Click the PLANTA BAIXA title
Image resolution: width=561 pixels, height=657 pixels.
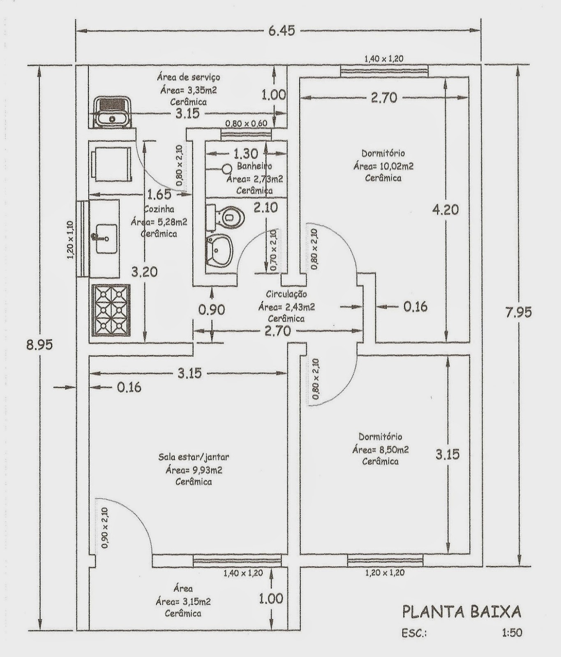[x=461, y=612]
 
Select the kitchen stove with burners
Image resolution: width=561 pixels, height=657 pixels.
[x=111, y=310]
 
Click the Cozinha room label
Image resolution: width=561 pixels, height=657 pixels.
[x=159, y=209]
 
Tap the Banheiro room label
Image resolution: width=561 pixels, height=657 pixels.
[x=254, y=166]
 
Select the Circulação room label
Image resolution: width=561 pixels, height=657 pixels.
[x=286, y=294]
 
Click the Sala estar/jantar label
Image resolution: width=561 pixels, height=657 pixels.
[x=194, y=457]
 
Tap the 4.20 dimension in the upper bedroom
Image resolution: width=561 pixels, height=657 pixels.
[x=445, y=210]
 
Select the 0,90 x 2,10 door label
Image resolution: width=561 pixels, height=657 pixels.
[x=104, y=528]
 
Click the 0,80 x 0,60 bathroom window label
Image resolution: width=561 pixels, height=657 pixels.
[x=246, y=123]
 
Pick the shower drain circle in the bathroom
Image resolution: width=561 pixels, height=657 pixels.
[x=226, y=168]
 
